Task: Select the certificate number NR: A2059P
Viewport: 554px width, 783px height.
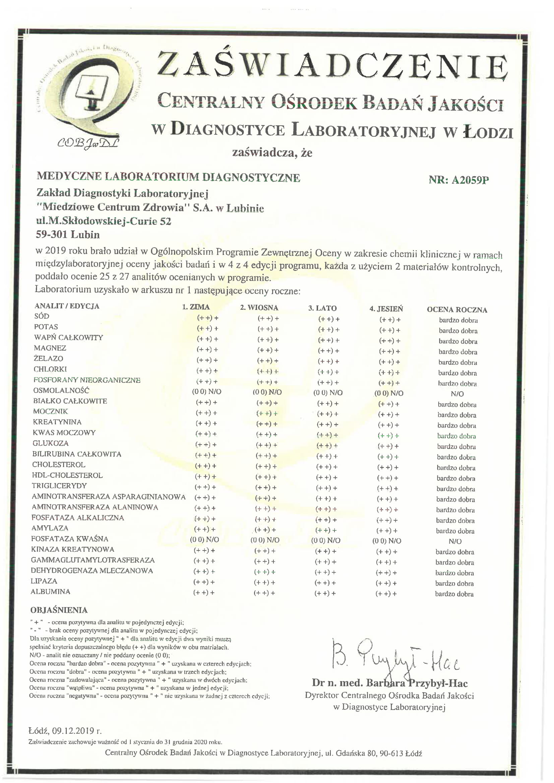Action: point(458,180)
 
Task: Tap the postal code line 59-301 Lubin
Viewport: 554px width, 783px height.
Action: point(68,235)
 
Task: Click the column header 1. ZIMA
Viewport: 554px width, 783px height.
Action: point(196,307)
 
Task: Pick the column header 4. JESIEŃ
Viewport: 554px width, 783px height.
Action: point(386,309)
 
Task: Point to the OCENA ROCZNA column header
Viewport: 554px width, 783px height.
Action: point(457,310)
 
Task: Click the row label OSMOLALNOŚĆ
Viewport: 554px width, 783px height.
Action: point(61,390)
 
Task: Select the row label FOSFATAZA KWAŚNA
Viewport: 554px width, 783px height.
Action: point(70,539)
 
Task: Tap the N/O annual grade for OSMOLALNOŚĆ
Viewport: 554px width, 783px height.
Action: point(457,394)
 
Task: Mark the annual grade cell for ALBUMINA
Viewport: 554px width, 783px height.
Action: point(454,594)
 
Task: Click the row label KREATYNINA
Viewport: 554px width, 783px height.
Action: point(57,422)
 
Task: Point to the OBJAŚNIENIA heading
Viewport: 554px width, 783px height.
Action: point(59,610)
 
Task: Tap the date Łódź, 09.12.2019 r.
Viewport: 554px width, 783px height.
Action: point(65,730)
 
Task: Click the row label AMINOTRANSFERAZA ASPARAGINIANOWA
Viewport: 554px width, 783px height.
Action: point(109,497)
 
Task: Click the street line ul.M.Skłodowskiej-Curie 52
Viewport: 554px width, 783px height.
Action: point(103,221)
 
